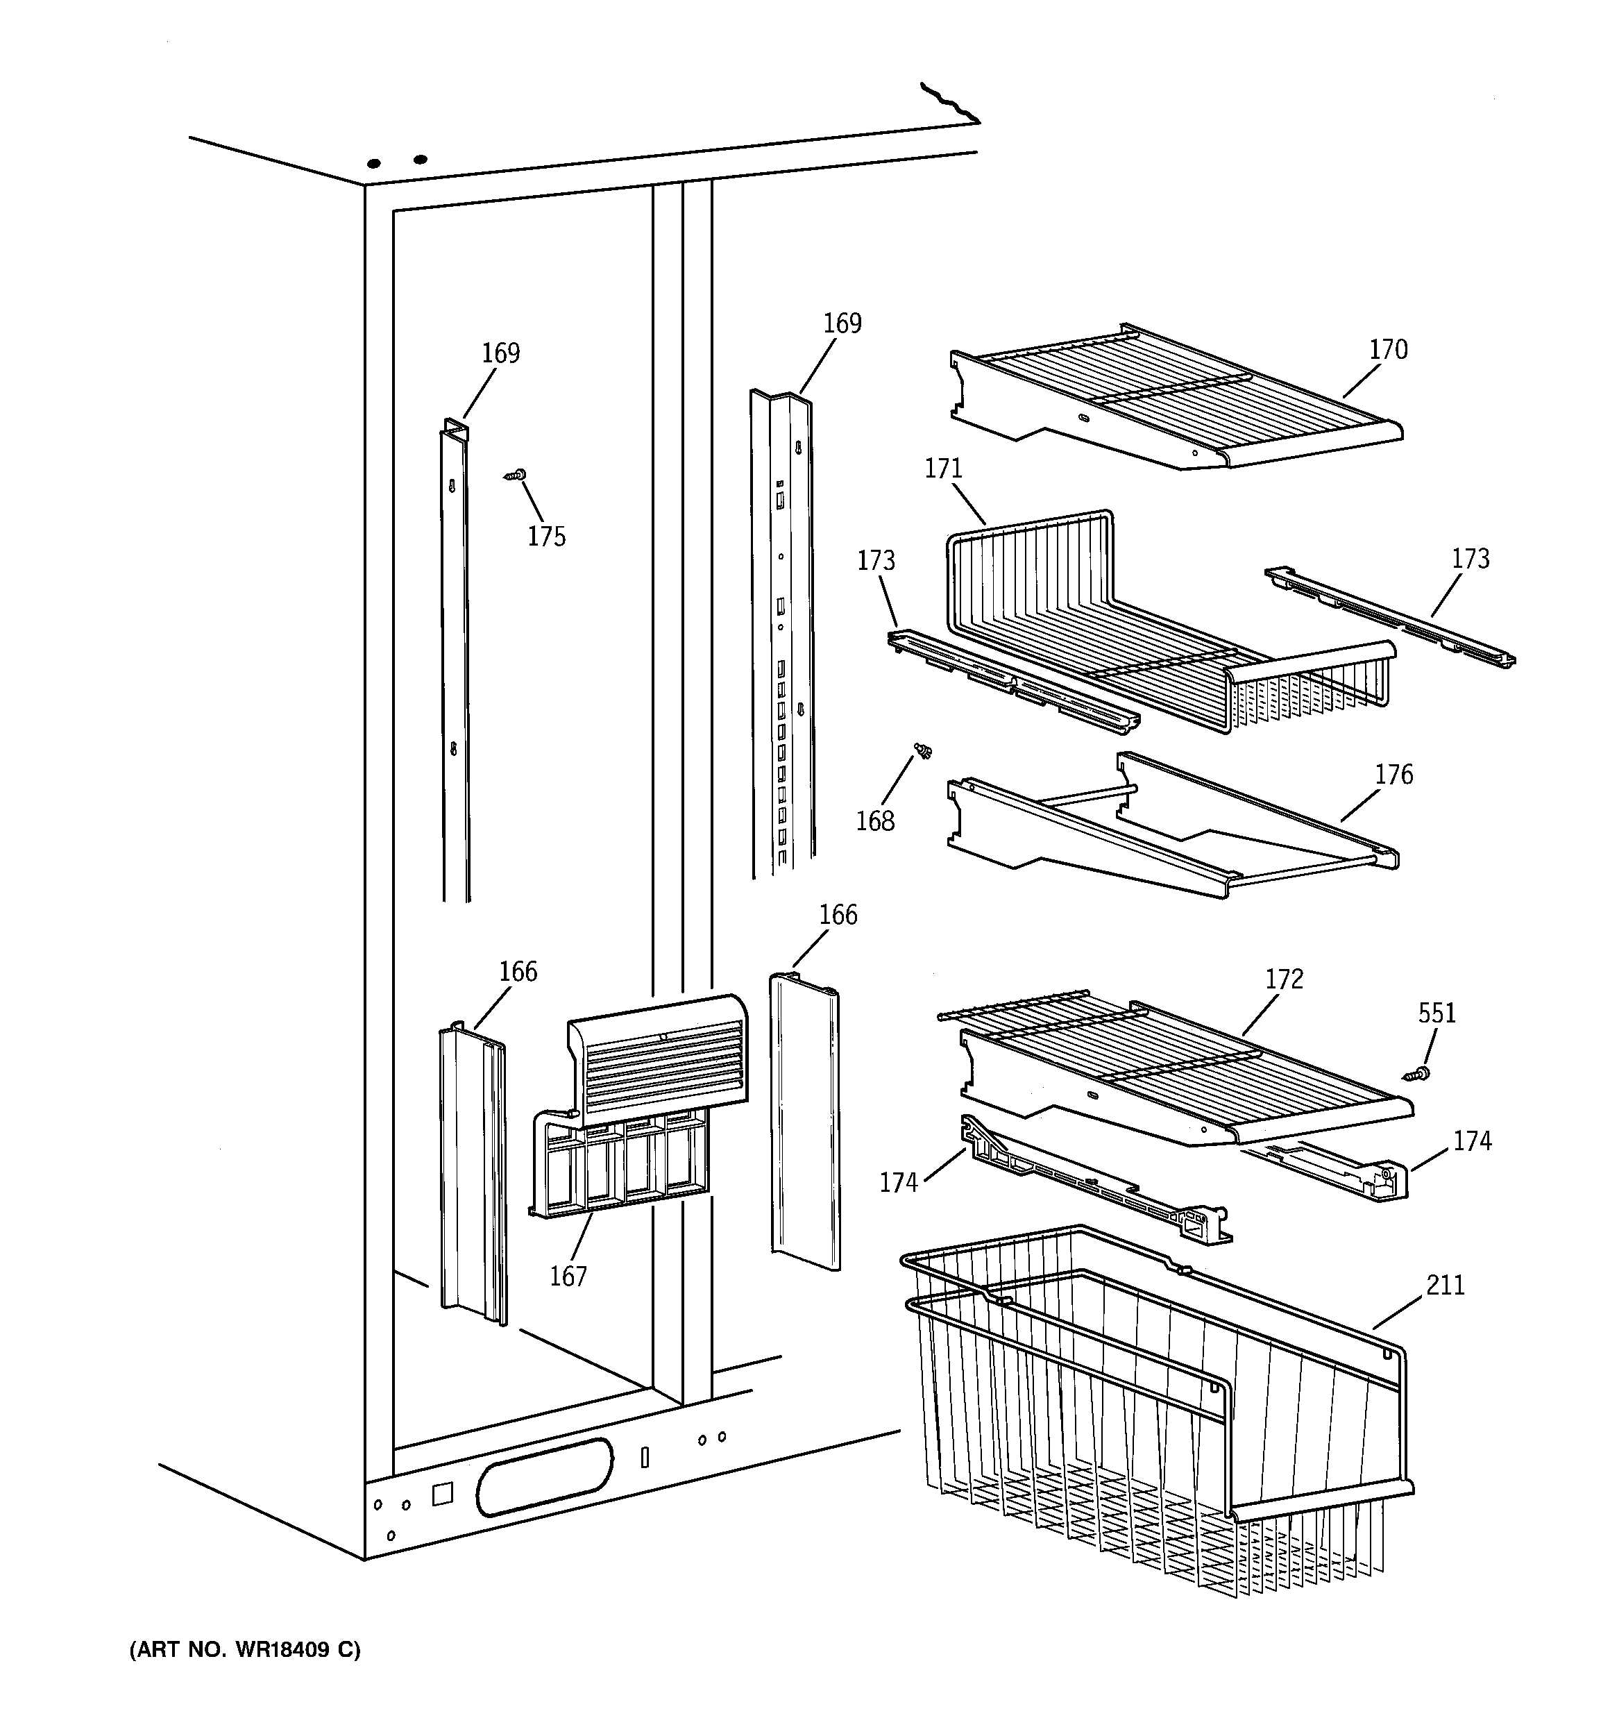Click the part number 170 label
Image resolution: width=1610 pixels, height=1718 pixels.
[x=1388, y=350]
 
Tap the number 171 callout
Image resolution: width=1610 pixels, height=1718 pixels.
[x=943, y=469]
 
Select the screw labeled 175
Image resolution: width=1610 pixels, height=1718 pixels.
[x=516, y=474]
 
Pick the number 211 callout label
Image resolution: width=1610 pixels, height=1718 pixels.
[x=1445, y=1286]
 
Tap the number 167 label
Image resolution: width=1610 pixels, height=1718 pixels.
[x=568, y=1277]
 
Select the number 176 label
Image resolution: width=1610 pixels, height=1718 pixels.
[x=1393, y=775]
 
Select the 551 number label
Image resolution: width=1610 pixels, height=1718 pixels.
[x=1437, y=1013]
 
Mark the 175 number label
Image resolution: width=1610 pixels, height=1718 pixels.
[x=546, y=537]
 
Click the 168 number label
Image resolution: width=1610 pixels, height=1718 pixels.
[x=874, y=821]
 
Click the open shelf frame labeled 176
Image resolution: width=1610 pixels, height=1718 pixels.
[x=1167, y=829]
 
